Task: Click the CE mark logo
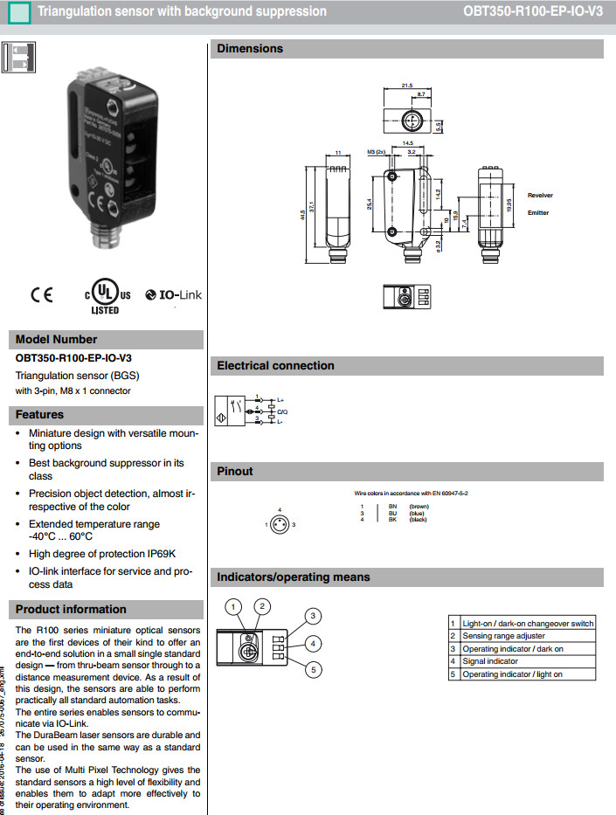point(41,295)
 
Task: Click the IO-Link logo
point(173,295)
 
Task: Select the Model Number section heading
point(56,339)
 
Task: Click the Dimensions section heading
point(250,49)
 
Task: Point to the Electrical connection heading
point(275,366)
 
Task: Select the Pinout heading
point(235,472)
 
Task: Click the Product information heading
point(71,610)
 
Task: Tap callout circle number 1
point(232,605)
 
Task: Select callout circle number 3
point(312,616)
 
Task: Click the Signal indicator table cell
point(490,661)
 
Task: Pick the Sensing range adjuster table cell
point(503,636)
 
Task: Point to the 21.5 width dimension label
point(406,86)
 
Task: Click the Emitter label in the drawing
point(538,213)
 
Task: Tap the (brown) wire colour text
point(419,506)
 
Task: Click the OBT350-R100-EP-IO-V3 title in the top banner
point(533,12)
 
